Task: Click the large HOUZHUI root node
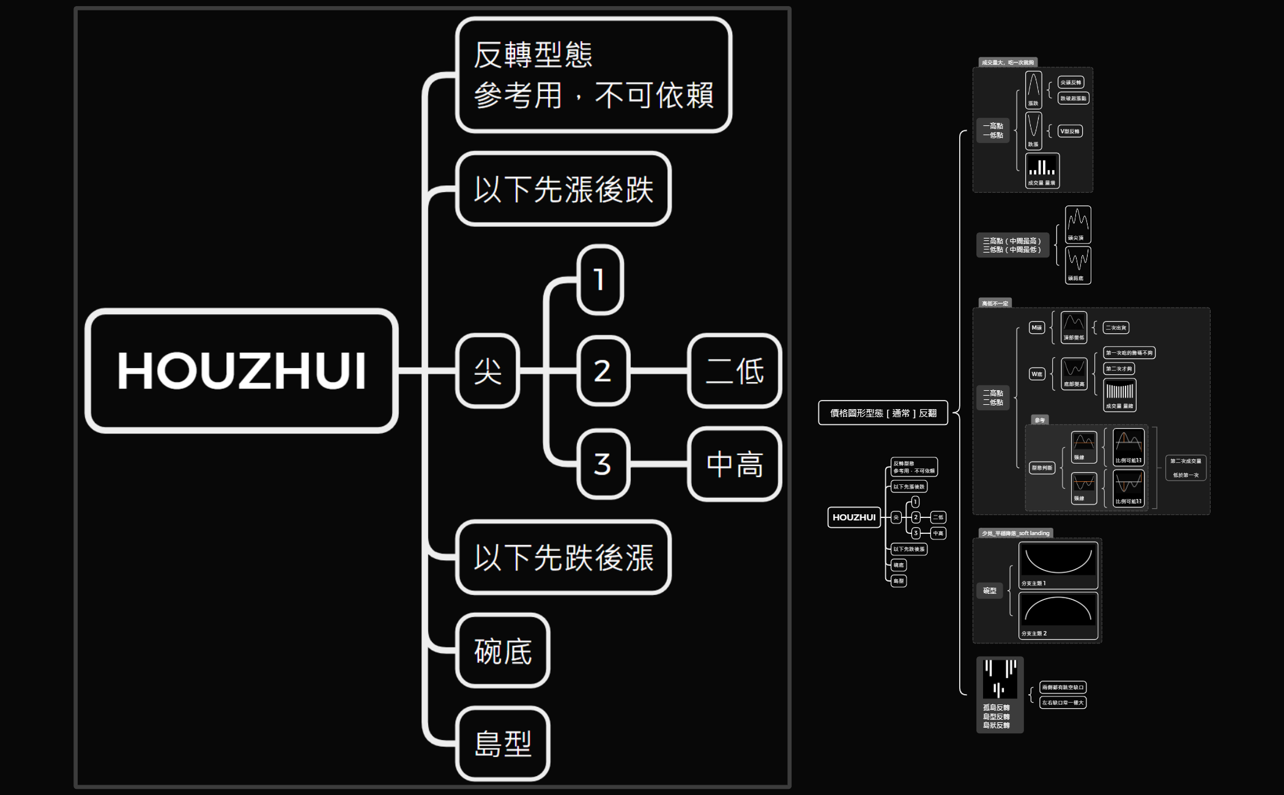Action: tap(242, 371)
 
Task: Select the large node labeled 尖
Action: tap(488, 371)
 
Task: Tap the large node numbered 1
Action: tap(600, 280)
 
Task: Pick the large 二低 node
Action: tap(735, 371)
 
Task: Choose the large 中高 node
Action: tap(735, 464)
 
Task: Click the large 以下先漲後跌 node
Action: tap(563, 189)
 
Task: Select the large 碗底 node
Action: tap(503, 651)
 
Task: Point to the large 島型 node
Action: tap(503, 744)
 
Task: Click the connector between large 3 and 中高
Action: tap(659, 464)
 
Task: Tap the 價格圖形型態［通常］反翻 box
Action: tap(883, 413)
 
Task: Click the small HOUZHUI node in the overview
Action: tap(854, 517)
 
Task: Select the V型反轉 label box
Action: tap(1069, 131)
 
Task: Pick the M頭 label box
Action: tap(1036, 328)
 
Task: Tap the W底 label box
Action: tap(1037, 374)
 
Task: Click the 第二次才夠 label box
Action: tap(1119, 369)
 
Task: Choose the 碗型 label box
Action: tap(990, 591)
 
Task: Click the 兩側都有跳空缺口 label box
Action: tap(1063, 687)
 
